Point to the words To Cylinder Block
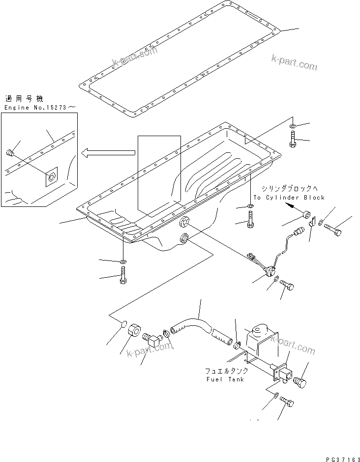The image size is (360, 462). point(289,197)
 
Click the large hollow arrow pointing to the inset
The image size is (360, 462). point(108,154)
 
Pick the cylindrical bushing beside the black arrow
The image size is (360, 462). point(305,215)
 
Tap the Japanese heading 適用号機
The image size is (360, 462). point(23,99)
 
